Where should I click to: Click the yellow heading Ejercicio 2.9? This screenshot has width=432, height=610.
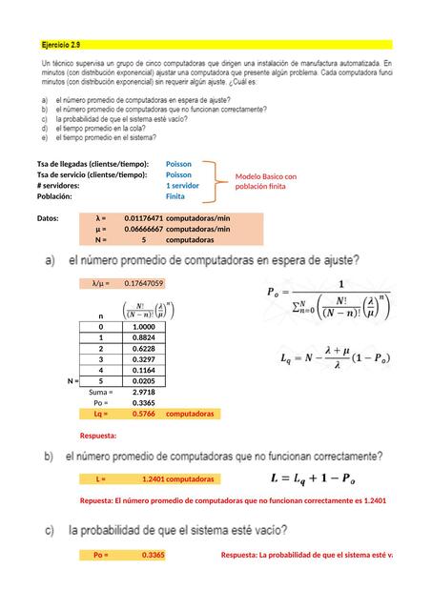point(60,44)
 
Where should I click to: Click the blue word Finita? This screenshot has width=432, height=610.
point(176,196)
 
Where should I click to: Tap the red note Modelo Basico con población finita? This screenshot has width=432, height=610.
point(266,181)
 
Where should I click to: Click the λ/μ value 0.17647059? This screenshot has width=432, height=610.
point(143,283)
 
